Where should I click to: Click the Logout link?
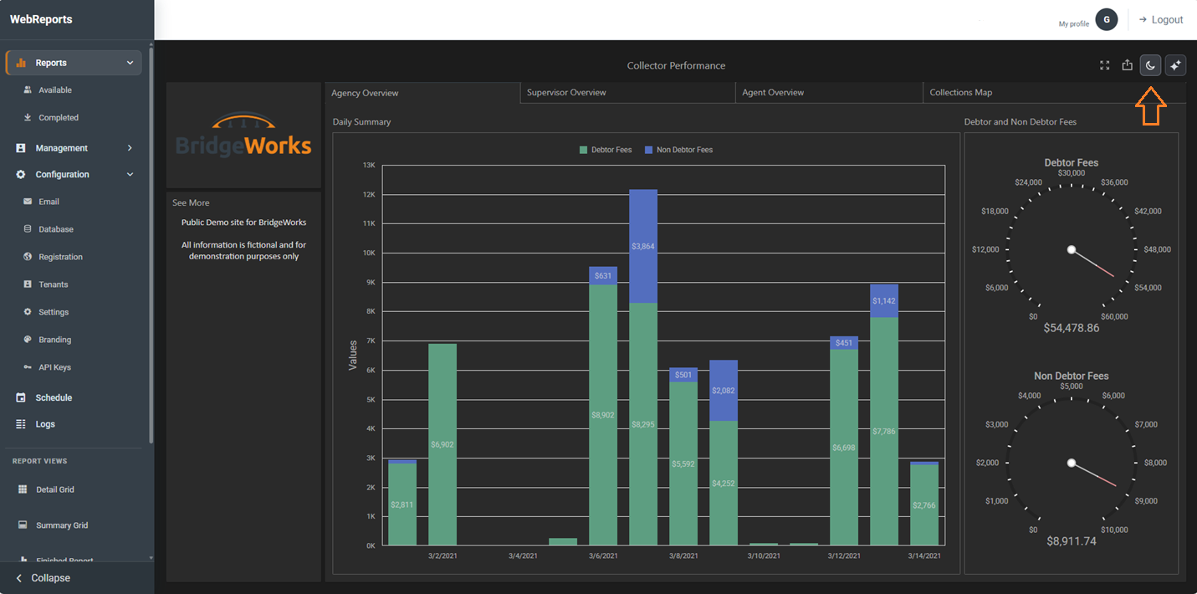pyautogui.click(x=1161, y=20)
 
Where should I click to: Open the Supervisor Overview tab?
pyautogui.click(x=566, y=93)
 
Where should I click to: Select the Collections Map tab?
pyautogui.click(x=961, y=93)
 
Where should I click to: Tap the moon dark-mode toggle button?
pyautogui.click(x=1150, y=65)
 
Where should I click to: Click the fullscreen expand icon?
pyautogui.click(x=1104, y=65)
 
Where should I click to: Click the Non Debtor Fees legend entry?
pyautogui.click(x=678, y=150)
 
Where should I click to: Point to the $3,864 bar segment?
pyautogui.click(x=643, y=246)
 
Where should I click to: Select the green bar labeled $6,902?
pyautogui.click(x=442, y=444)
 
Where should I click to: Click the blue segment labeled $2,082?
pyautogui.click(x=724, y=391)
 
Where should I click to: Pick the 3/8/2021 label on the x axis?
pyautogui.click(x=683, y=556)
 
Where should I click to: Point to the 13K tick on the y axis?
pyautogui.click(x=369, y=165)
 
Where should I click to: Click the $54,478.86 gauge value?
pyautogui.click(x=1072, y=328)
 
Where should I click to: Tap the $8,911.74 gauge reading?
pyautogui.click(x=1072, y=541)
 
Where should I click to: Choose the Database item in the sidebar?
pyautogui.click(x=55, y=229)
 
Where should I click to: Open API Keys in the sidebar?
pyautogui.click(x=54, y=367)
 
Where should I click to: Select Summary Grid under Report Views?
pyautogui.click(x=61, y=525)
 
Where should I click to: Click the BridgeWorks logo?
pyautogui.click(x=243, y=135)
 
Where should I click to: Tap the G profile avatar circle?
pyautogui.click(x=1107, y=20)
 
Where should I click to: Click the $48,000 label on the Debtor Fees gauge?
pyautogui.click(x=1157, y=249)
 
